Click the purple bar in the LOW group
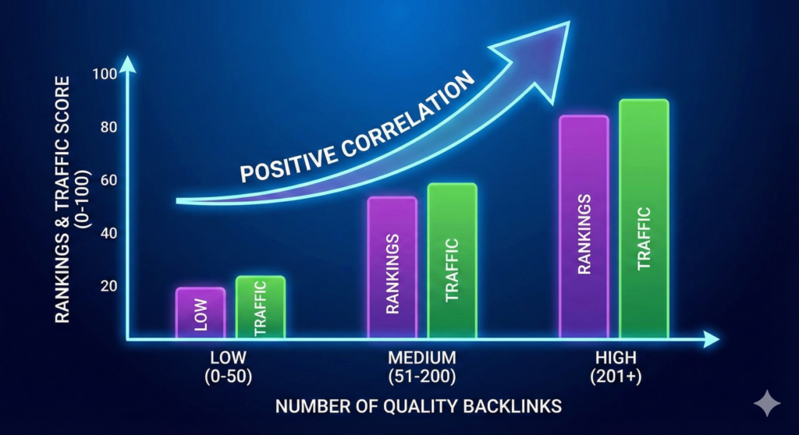tap(201, 313)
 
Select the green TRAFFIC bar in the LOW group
tap(261, 307)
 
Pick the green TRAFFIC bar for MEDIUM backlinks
tap(452, 260)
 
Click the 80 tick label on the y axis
tap(108, 127)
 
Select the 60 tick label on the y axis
tap(108, 180)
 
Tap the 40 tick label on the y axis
tap(108, 233)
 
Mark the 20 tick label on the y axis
tap(108, 286)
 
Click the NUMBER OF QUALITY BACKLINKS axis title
tap(418, 407)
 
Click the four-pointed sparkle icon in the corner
tap(767, 404)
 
